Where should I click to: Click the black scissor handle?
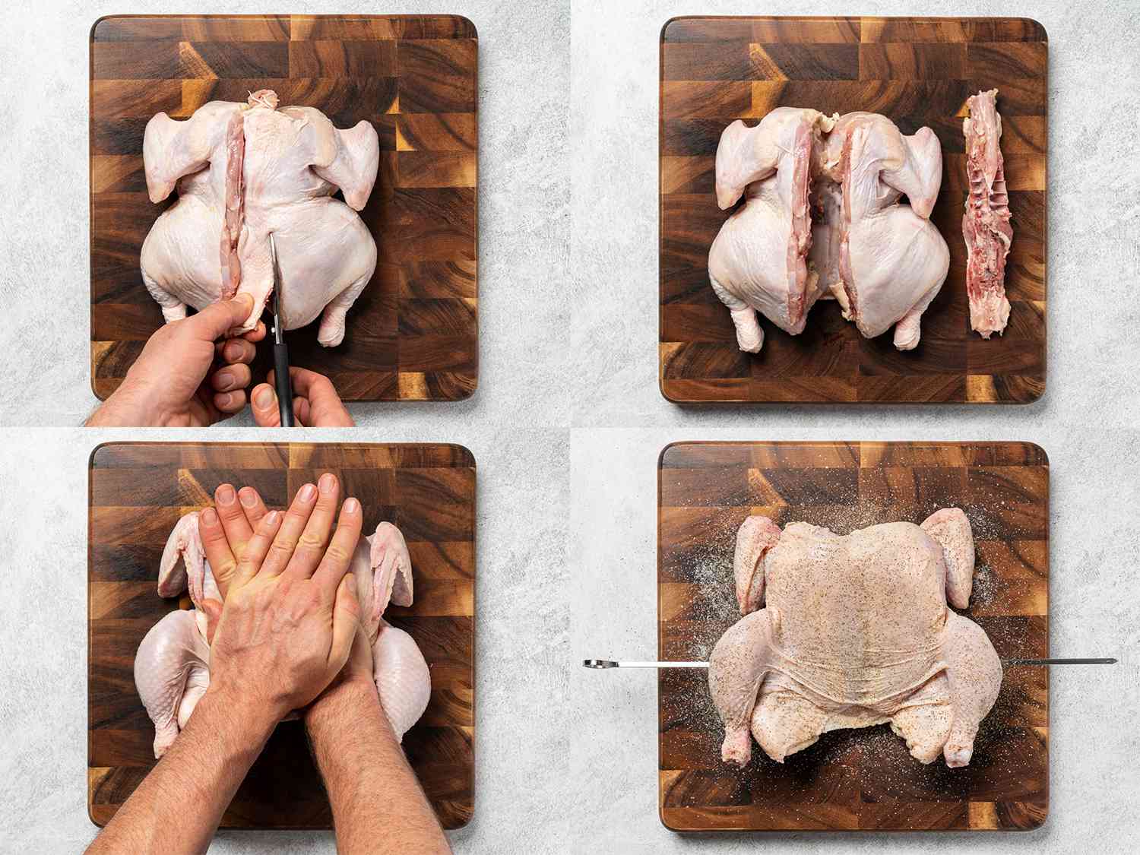point(285,395)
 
